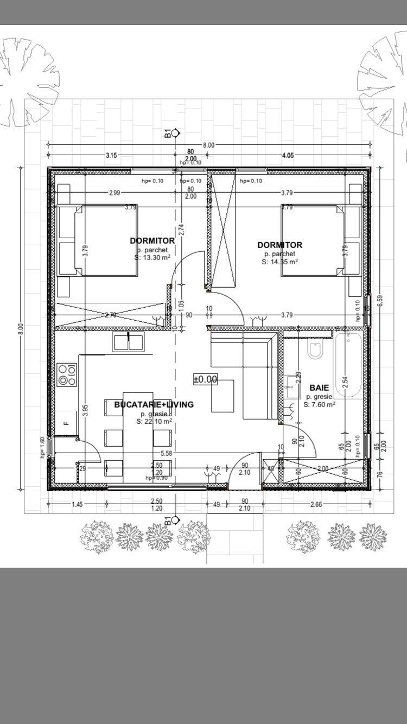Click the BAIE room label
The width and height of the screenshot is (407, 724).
coord(319,388)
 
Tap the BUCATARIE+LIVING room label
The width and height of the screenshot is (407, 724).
coord(154,404)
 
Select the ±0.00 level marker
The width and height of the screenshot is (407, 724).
coord(205,379)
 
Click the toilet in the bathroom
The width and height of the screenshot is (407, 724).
coord(315,350)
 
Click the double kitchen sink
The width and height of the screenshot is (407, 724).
coord(128,342)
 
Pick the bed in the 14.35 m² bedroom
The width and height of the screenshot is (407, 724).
coord(313,240)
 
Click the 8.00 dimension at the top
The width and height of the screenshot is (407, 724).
coord(209,145)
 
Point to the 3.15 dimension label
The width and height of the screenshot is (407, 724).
coord(111,155)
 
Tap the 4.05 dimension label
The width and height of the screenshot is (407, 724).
coord(288,155)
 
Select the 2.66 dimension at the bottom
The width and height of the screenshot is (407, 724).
coord(316,504)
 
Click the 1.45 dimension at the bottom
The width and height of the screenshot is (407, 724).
coord(77,504)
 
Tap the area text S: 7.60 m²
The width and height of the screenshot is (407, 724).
coord(319,404)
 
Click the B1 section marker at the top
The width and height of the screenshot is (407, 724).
coord(170,132)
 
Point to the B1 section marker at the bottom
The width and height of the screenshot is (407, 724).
coord(170,521)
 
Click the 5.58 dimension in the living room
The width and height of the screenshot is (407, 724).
coord(166,453)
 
